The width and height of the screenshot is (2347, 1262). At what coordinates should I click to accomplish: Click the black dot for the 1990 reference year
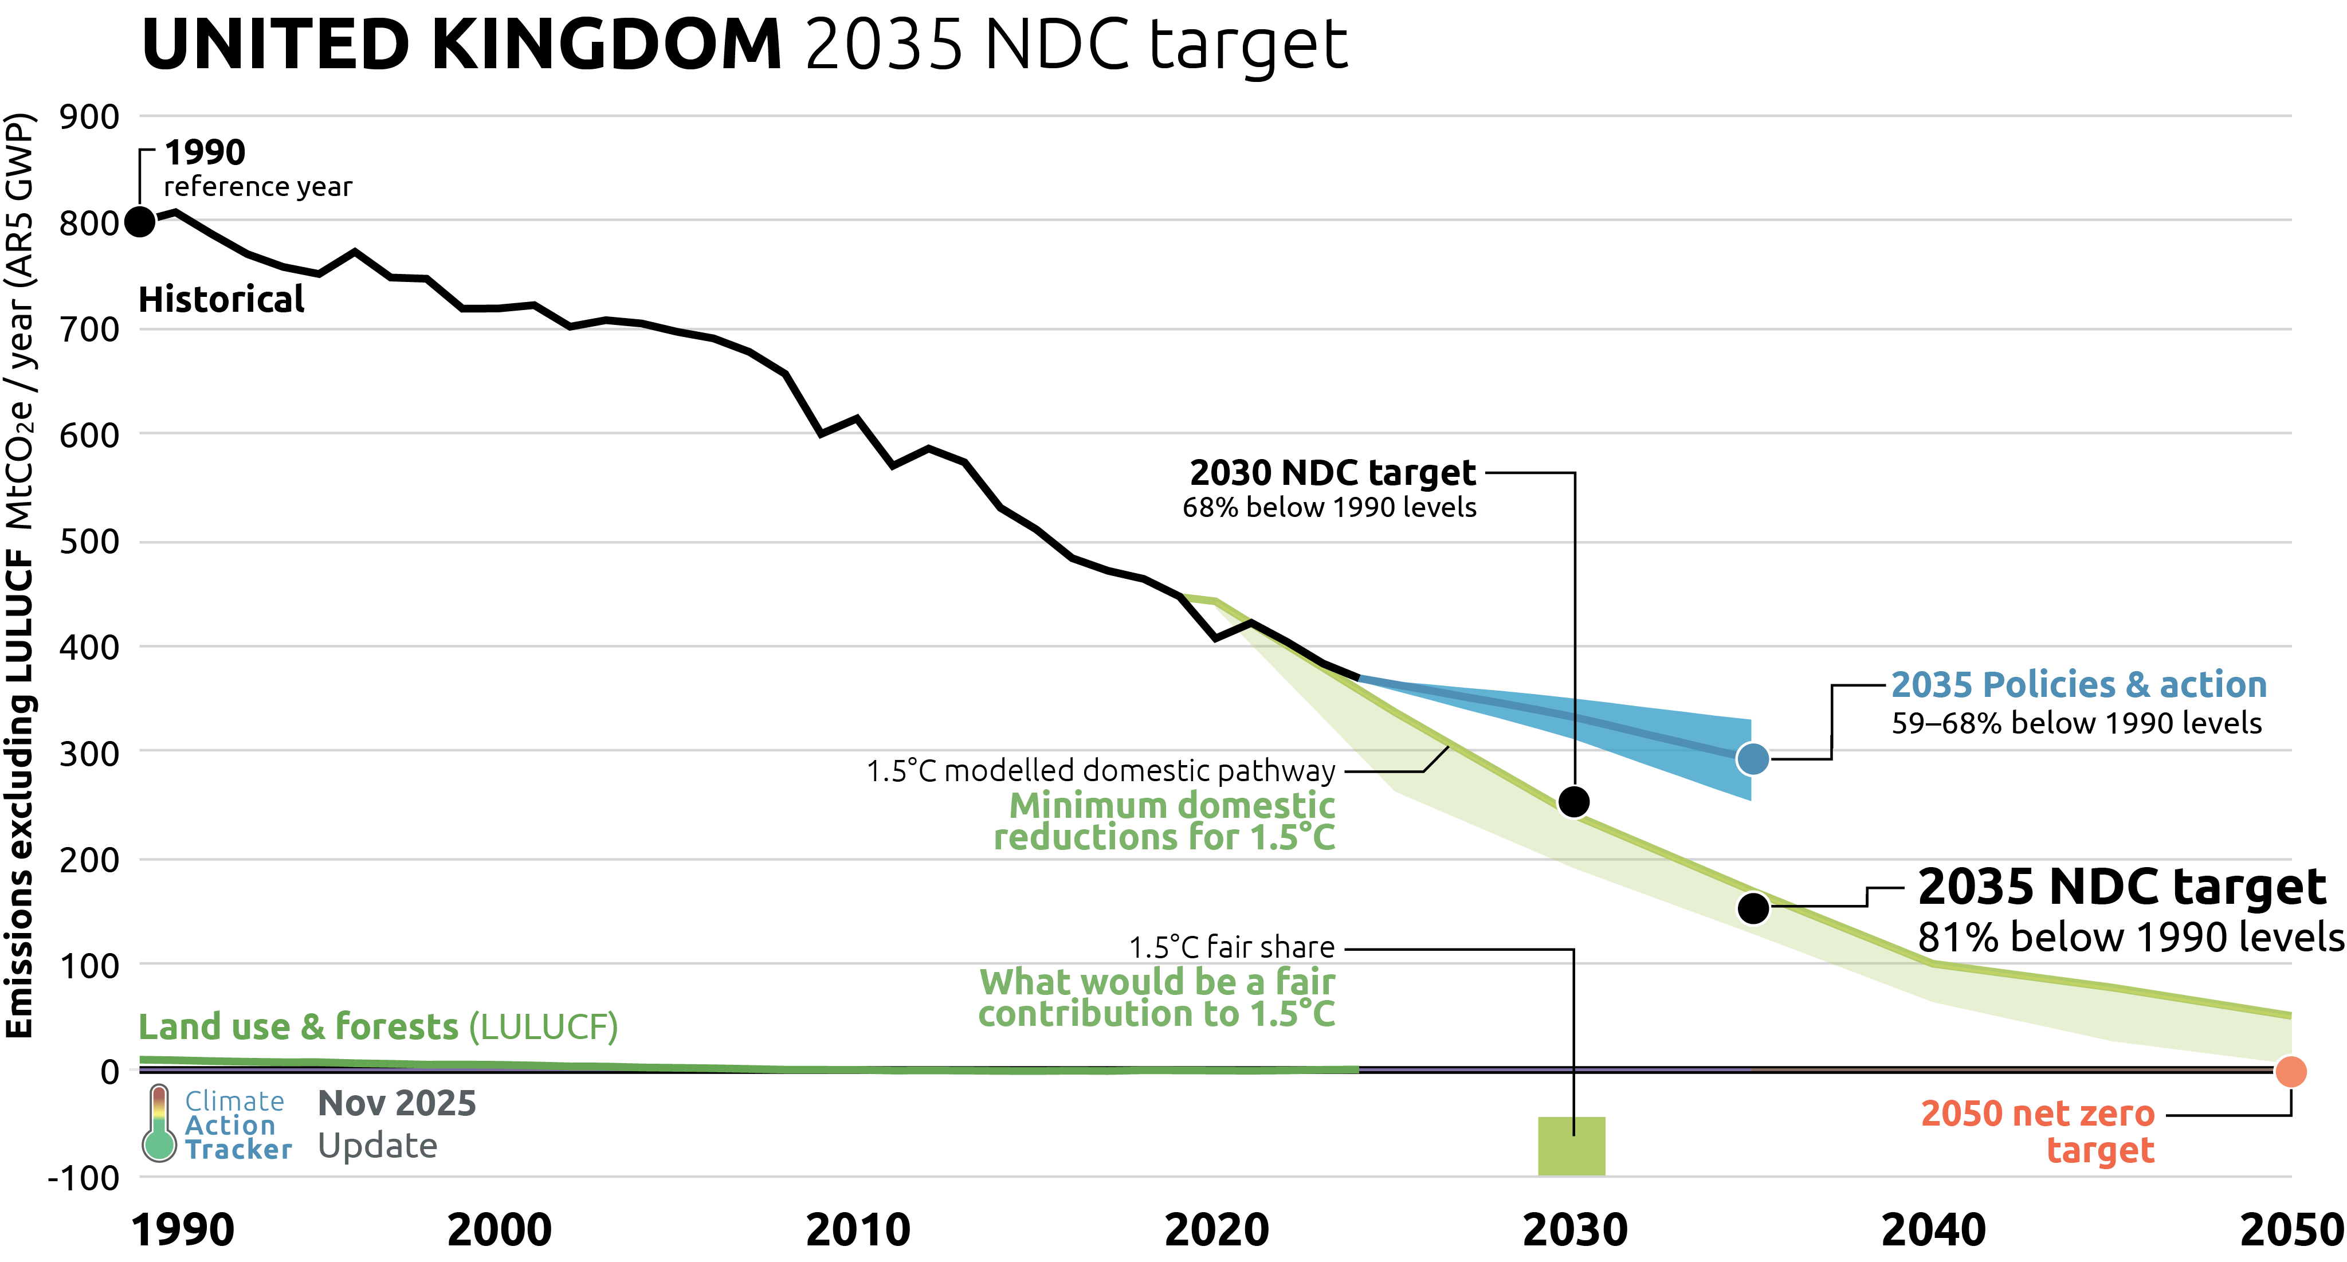(139, 221)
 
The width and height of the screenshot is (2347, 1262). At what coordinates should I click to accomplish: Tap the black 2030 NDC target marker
(1573, 802)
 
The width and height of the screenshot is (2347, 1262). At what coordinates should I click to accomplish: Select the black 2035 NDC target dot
(1753, 908)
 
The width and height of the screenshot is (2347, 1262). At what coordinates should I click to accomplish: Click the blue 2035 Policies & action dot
(1753, 758)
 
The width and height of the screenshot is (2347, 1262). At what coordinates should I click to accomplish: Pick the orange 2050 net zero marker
(2290, 1072)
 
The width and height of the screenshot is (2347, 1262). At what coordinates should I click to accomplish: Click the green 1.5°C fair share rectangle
(1572, 1146)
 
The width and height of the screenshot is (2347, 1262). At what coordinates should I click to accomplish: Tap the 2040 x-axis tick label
(1933, 1230)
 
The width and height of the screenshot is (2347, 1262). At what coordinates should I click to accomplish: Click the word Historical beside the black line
(221, 300)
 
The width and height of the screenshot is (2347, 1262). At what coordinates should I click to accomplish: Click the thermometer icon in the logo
(159, 1123)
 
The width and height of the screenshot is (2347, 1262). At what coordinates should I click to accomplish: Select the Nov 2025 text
(397, 1103)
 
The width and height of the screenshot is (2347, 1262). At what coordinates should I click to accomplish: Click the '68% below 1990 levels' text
(1329, 508)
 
